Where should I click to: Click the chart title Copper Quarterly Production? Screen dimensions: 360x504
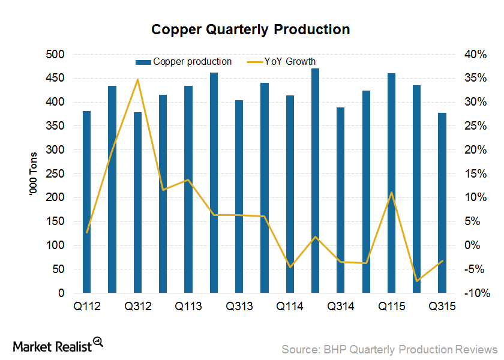pos(251,29)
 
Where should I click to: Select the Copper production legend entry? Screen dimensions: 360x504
pos(184,61)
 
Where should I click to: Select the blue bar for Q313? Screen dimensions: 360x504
pos(239,197)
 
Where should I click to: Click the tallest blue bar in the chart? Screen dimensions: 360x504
pos(315,181)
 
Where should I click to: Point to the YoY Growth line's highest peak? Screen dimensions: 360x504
pos(137,79)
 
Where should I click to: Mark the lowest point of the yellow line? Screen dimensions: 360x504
pos(416,281)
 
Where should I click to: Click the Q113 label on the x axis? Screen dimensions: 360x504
pos(188,306)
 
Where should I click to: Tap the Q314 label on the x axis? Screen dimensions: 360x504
pos(340,306)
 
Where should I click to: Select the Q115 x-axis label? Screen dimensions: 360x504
pos(391,306)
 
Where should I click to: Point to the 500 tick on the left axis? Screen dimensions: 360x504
pos(56,55)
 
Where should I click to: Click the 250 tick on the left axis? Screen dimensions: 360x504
pos(56,174)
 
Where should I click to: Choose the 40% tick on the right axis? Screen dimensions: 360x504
pos(475,55)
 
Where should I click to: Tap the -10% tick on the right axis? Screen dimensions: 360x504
pos(475,293)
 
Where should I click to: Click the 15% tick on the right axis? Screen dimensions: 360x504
pos(475,174)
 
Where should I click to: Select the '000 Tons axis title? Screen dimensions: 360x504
pos(34,174)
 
